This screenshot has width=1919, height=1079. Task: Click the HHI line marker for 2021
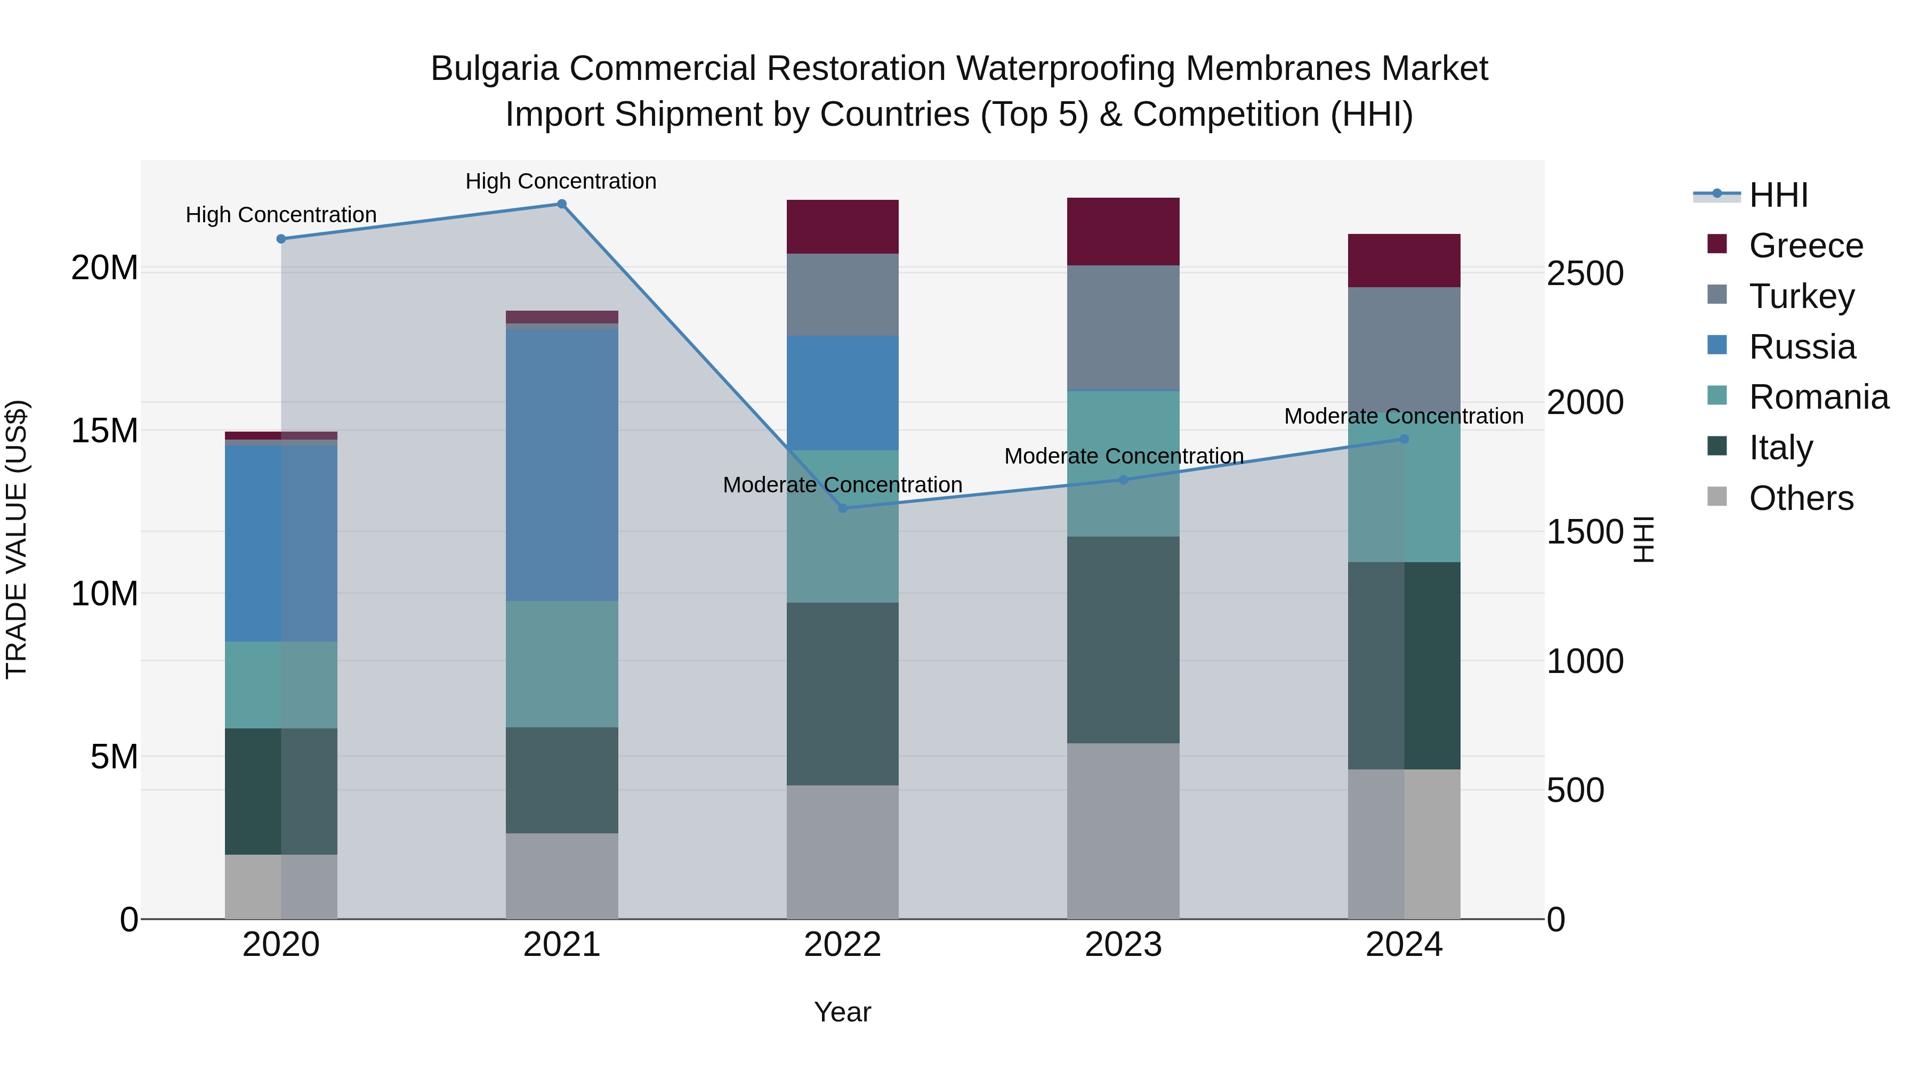pyautogui.click(x=562, y=204)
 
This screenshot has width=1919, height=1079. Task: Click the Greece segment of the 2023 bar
pyautogui.click(x=1123, y=232)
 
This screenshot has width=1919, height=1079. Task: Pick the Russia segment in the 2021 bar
pyautogui.click(x=562, y=465)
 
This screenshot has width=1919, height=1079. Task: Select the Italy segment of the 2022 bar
pyautogui.click(x=843, y=693)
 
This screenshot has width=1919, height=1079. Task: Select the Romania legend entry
pyautogui.click(x=1818, y=397)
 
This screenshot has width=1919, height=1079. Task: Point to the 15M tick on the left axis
pyautogui.click(x=104, y=431)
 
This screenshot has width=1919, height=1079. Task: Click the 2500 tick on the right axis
pyautogui.click(x=1585, y=273)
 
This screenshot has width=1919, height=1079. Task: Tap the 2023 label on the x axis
pyautogui.click(x=1123, y=945)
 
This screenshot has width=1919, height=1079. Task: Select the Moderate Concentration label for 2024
pyautogui.click(x=1404, y=416)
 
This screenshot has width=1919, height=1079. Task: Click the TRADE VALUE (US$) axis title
pyautogui.click(x=17, y=539)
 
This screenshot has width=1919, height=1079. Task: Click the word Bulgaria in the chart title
pyautogui.click(x=494, y=69)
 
